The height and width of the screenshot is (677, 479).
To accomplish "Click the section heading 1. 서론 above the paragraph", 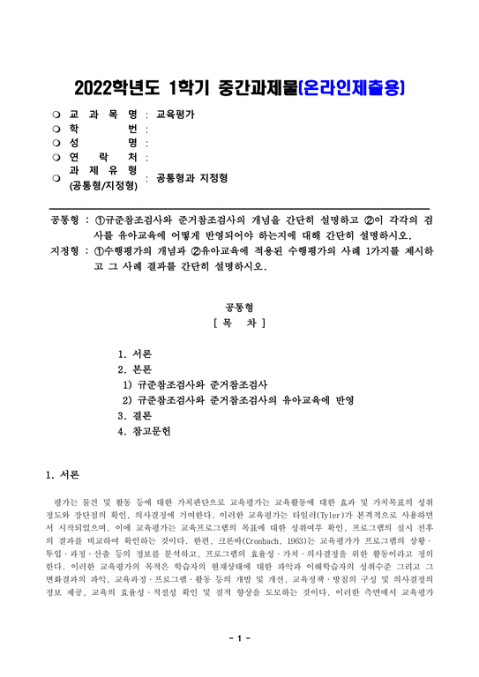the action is pyautogui.click(x=64, y=476).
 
